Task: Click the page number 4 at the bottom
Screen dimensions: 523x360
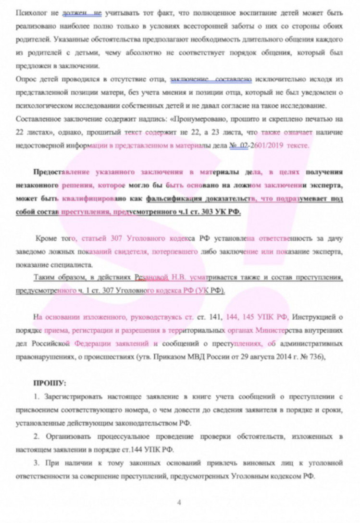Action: pos(179,503)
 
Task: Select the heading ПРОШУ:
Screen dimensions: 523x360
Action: pos(49,383)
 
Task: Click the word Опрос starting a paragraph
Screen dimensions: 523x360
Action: pos(26,78)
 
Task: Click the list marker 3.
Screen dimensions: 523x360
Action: pos(36,463)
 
